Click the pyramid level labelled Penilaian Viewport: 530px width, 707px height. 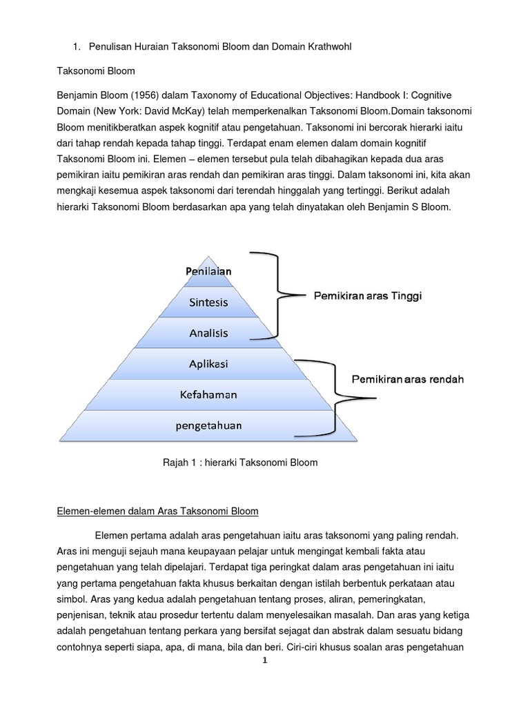tap(208, 271)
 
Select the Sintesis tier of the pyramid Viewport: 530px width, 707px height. tap(208, 302)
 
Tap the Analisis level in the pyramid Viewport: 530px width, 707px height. tap(208, 333)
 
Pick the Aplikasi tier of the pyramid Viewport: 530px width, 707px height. tap(208, 364)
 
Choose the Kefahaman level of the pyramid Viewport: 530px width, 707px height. tap(208, 394)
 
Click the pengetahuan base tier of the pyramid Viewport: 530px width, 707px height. tap(208, 425)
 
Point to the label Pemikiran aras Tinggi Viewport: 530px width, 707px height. tap(368, 296)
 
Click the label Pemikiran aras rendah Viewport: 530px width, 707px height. tap(408, 379)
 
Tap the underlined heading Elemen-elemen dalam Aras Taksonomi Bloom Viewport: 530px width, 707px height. tap(157, 512)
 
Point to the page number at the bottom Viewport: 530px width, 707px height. tap(264, 660)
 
